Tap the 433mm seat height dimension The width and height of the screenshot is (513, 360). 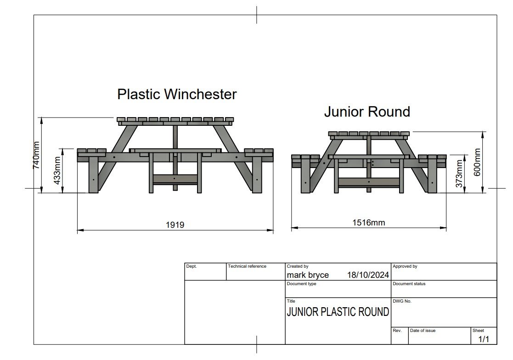[x=57, y=171]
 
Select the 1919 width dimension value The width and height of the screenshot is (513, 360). [x=175, y=225]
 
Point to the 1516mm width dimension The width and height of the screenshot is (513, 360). [x=369, y=223]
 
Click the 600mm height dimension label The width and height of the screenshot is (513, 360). [x=478, y=162]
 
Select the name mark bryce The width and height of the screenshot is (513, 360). [x=308, y=275]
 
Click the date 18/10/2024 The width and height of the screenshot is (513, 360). [x=368, y=275]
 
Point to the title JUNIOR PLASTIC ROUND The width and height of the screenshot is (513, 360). [x=338, y=312]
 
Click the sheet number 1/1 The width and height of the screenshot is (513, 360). [x=484, y=339]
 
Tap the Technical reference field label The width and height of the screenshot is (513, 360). [x=247, y=266]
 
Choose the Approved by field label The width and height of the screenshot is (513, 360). [x=405, y=266]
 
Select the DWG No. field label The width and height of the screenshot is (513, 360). [x=402, y=301]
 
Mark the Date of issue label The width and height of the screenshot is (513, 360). [x=423, y=331]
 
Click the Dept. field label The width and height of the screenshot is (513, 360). [x=191, y=266]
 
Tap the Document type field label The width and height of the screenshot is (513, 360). [x=301, y=284]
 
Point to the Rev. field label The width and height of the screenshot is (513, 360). [x=397, y=331]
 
